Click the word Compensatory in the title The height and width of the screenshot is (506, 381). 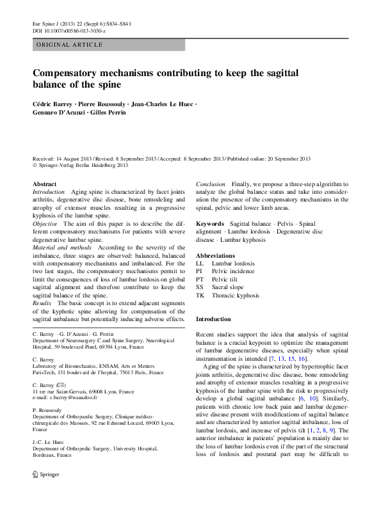click(x=73, y=73)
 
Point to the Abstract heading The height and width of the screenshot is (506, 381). click(x=44, y=184)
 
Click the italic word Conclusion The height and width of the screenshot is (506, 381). click(x=211, y=184)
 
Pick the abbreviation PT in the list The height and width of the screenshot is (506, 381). click(x=200, y=280)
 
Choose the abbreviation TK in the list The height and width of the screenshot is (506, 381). click(x=200, y=296)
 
